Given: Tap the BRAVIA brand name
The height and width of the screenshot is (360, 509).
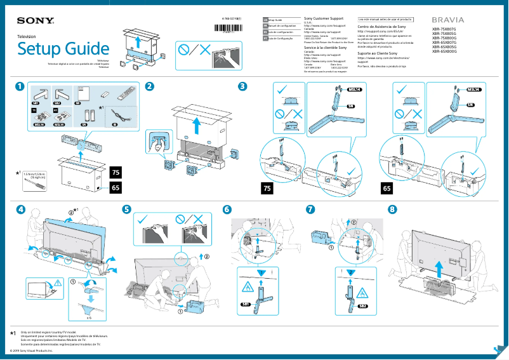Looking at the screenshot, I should pos(448,20).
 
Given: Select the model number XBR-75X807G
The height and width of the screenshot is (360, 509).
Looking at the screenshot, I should pos(444,29).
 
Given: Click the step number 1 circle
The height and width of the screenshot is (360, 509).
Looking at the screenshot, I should pos(22,86).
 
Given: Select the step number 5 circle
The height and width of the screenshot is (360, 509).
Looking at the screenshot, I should pos(127,210).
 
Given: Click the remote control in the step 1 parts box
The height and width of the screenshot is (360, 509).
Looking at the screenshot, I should pos(126,93).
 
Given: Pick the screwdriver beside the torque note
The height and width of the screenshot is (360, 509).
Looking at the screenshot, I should pos(37,180).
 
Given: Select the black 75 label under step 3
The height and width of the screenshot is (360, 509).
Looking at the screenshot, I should pos(269,189).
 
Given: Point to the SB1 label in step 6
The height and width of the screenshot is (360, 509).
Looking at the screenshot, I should pos(245,306).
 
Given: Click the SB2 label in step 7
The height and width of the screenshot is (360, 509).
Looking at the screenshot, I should pos(362,306).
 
